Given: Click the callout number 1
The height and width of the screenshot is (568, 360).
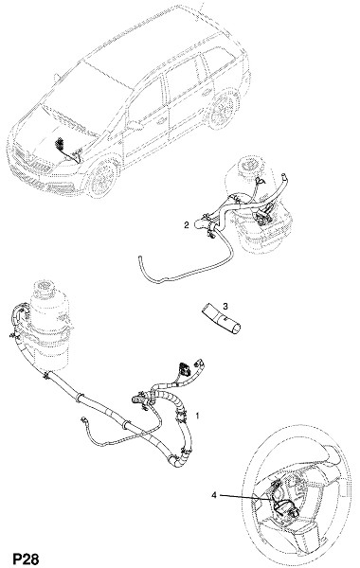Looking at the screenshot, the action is pos(198,416).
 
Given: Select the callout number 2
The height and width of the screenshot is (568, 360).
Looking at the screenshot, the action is pos(187,225).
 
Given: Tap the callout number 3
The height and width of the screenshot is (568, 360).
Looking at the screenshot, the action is pos(225,307).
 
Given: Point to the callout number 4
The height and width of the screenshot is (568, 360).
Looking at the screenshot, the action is pos(214,495).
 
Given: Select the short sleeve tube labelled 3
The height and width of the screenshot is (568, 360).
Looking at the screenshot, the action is pos(222,319).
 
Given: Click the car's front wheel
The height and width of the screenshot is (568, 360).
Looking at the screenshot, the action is pos(102,179).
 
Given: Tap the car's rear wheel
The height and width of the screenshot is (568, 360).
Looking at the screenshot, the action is pos(223,108).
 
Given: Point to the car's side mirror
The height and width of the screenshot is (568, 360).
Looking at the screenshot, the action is pos(134,125).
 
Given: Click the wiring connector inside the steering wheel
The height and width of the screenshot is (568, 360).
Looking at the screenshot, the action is pos(285,504).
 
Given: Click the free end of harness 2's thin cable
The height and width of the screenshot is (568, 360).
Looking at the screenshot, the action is pos(139,257).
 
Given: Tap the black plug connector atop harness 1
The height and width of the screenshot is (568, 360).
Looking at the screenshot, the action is pos(185,369).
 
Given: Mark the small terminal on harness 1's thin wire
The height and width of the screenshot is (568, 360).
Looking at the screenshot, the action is pos(83,419).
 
